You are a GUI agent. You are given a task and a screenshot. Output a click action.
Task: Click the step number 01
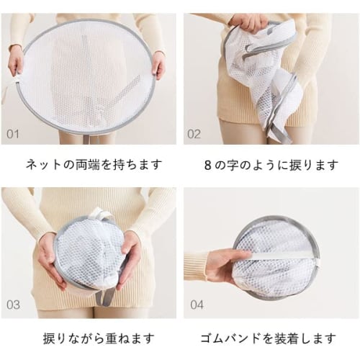[14, 134]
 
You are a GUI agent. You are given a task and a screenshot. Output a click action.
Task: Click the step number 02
[194, 134]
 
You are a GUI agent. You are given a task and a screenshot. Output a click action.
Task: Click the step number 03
[14, 305]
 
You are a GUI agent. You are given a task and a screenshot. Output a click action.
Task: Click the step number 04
[197, 305]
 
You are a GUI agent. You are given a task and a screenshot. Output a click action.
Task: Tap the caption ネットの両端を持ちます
[89, 165]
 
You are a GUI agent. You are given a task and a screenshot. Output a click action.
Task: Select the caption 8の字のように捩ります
[271, 165]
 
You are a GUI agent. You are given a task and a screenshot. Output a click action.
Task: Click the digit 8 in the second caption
[209, 165]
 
